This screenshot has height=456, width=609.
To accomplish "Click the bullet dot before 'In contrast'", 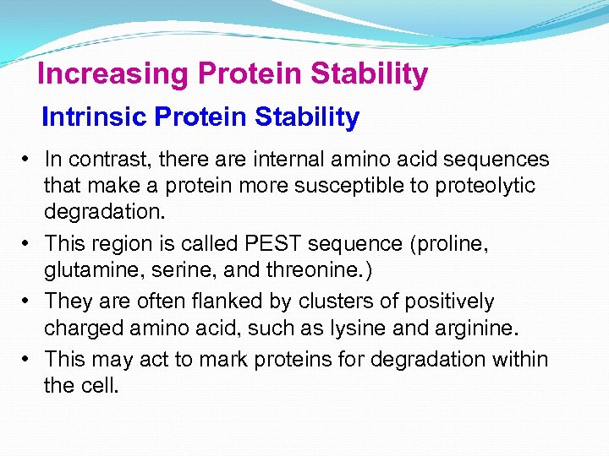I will pos(28,160).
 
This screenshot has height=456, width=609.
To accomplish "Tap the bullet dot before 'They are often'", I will pos(28,301).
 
